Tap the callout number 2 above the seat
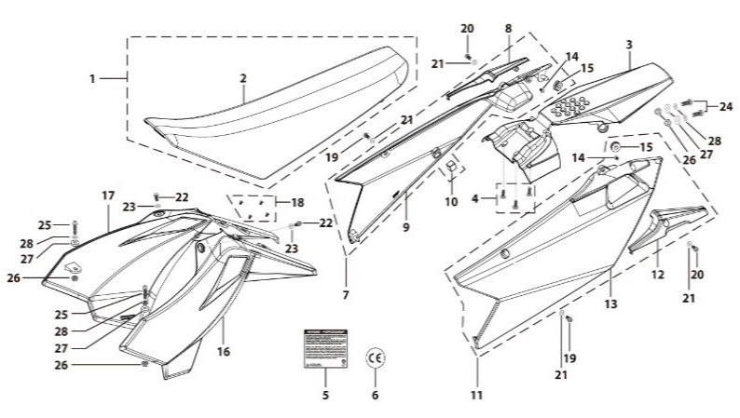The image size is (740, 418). [243, 79]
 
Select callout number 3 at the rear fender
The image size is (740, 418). [629, 45]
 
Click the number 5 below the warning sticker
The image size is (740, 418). [325, 394]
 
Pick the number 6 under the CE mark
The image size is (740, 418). [376, 394]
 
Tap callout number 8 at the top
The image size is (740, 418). [509, 30]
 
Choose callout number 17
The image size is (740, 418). [107, 196]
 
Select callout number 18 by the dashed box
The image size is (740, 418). [298, 202]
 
